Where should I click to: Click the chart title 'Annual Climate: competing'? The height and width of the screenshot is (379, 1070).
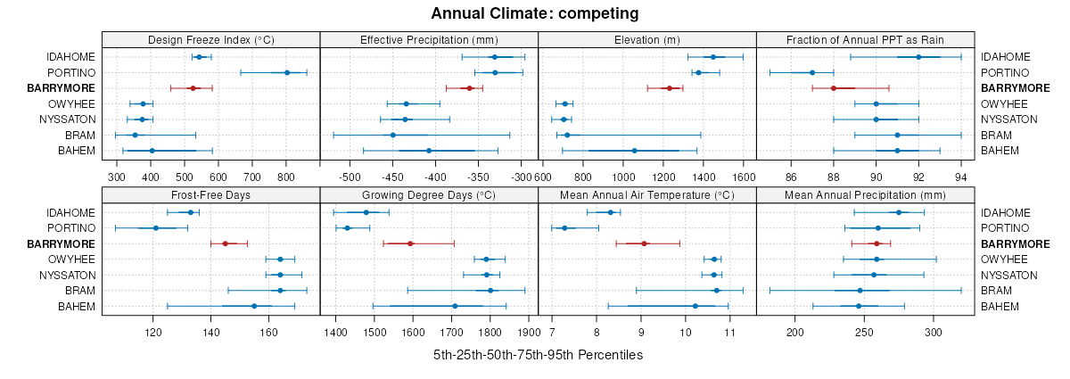point(534,13)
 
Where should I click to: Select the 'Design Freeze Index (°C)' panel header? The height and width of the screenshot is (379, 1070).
point(210,39)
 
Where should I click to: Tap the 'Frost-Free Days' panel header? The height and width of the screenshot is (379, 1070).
point(210,195)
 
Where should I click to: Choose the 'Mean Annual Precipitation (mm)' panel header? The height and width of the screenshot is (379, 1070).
point(865,195)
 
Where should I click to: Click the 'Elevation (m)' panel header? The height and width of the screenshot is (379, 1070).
point(647,39)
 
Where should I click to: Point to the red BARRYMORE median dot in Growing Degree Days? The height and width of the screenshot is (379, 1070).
point(410,243)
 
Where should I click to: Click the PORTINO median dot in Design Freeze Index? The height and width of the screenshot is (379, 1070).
point(286,72)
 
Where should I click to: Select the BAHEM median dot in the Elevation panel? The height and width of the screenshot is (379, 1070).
point(634,151)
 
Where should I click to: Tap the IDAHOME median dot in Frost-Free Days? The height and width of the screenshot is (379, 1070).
point(190,212)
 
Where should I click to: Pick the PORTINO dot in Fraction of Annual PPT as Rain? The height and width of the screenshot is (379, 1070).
point(812,72)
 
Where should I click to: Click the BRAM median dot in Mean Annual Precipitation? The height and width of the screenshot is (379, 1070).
point(860,291)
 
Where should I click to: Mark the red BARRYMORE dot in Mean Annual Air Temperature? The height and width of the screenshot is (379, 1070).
point(644,243)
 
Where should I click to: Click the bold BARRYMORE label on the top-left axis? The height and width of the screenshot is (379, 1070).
point(62,88)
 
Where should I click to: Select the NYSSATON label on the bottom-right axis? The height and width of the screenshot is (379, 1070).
point(1009,276)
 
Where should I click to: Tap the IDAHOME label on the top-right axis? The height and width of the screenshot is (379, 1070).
point(1006,57)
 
